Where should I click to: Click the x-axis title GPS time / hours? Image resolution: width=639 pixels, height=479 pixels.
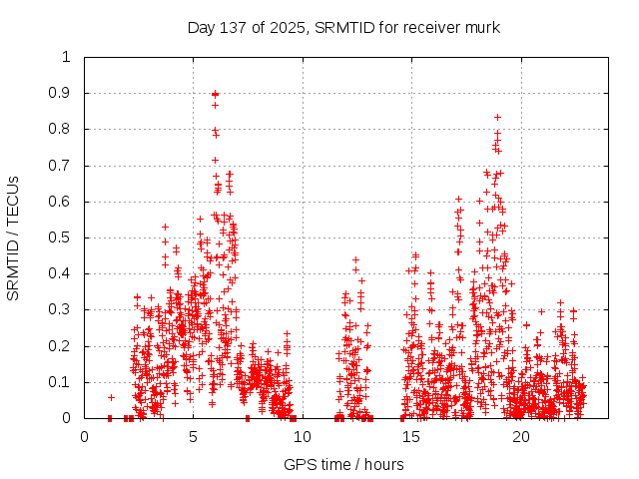click(343, 464)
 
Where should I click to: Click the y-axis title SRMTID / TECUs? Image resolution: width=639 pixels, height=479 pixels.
click(13, 238)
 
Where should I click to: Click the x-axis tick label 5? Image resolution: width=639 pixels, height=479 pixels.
click(194, 436)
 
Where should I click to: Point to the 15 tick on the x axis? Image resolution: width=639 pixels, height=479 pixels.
click(412, 436)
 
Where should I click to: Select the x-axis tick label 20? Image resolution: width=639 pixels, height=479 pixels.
click(521, 436)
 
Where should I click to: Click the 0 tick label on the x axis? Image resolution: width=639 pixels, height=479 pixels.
click(84, 436)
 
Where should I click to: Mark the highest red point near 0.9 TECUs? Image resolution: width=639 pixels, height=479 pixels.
click(215, 94)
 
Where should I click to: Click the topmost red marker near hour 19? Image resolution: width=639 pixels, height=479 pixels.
click(497, 117)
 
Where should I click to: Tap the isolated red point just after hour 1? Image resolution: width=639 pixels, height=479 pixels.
click(111, 397)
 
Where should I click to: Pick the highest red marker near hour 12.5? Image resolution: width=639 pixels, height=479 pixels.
click(355, 259)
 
